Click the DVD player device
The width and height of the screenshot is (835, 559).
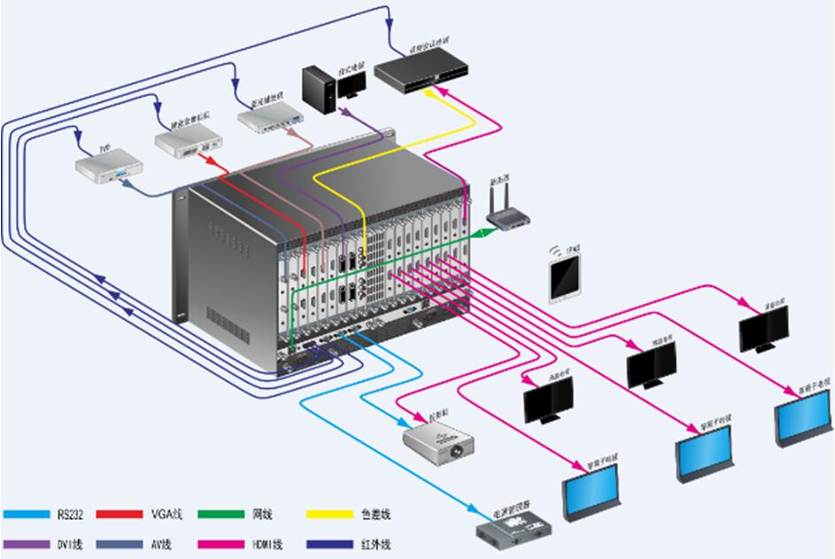[x=107, y=167]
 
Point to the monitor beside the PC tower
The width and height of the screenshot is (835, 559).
[x=351, y=83]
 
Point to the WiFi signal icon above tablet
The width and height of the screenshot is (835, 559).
[x=557, y=250]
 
